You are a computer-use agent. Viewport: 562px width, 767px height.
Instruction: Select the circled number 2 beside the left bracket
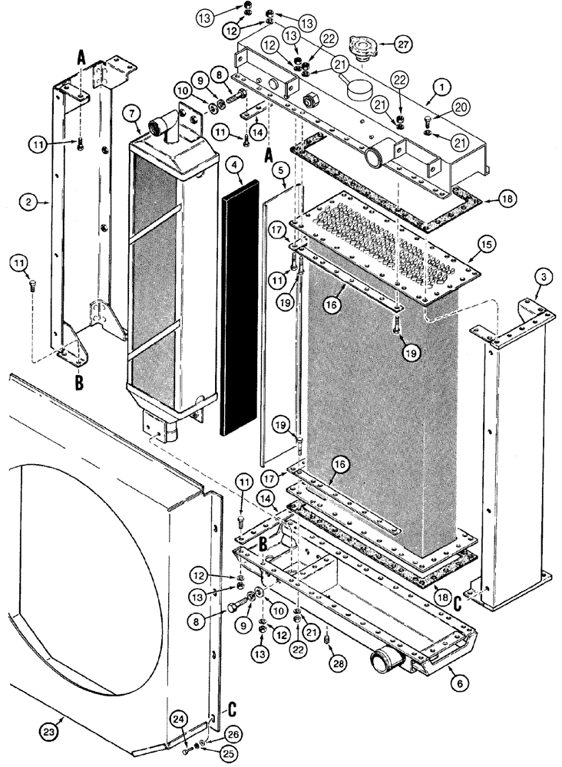pyautogui.click(x=28, y=203)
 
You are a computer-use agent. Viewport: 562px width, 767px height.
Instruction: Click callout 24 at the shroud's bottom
pyautogui.click(x=179, y=719)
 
